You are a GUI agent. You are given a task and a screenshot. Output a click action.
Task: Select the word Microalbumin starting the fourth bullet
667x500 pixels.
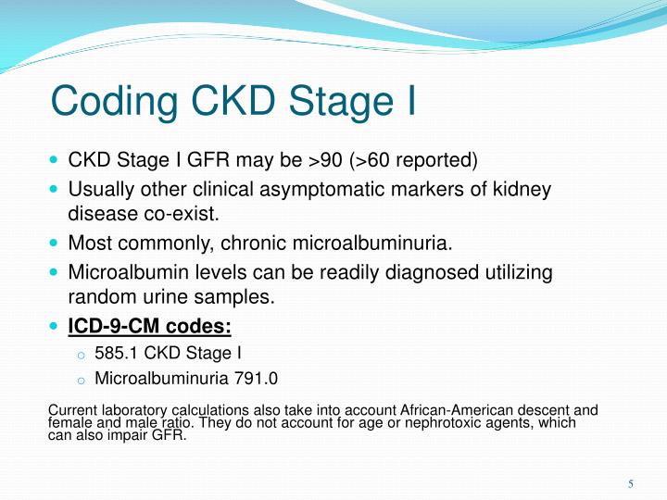click(120, 274)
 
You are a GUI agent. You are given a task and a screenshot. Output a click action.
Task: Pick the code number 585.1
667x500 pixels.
click(113, 352)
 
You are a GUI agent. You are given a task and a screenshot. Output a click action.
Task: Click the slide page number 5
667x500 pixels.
click(630, 483)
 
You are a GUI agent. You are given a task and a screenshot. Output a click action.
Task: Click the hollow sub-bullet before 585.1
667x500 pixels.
click(81, 354)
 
